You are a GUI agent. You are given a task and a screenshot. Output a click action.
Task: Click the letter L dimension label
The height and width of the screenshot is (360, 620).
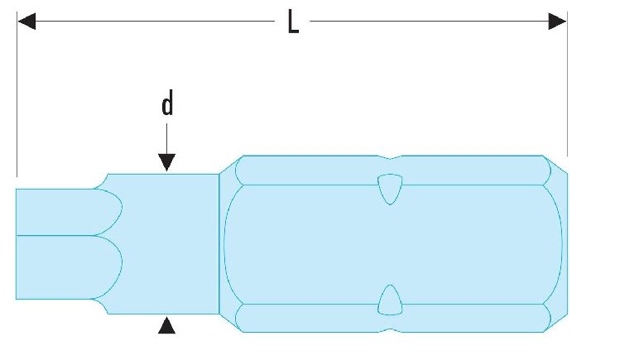point(293,22)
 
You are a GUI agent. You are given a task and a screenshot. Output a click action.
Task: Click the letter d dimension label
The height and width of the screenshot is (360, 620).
point(167,103)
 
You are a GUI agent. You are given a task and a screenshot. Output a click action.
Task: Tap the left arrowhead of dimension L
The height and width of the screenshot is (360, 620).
point(26,22)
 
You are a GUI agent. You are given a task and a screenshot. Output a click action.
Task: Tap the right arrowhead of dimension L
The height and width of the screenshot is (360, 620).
point(557,22)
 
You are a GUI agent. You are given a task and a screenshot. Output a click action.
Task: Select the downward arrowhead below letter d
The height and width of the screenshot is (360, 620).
point(167,163)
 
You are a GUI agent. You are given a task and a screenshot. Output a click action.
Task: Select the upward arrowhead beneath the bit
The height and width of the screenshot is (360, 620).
point(167,325)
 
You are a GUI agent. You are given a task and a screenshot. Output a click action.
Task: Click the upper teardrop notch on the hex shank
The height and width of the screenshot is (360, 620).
point(390,189)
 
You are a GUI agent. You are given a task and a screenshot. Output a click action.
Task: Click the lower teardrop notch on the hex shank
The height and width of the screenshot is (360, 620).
point(390,300)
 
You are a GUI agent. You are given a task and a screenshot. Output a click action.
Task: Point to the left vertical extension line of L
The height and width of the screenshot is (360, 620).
point(17,94)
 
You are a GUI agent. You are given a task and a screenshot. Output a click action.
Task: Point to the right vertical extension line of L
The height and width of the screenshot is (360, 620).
point(567,84)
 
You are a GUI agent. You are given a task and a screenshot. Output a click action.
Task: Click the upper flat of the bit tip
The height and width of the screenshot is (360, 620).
point(68,212)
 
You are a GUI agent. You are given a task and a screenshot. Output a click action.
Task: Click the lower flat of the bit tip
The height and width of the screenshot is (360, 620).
point(68,267)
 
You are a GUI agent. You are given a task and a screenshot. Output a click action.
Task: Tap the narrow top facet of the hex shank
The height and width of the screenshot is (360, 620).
point(392,170)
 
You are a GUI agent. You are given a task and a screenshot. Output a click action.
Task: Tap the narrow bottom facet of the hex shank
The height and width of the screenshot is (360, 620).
point(392,318)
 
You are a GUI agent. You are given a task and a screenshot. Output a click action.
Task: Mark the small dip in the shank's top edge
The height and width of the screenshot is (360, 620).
point(390,158)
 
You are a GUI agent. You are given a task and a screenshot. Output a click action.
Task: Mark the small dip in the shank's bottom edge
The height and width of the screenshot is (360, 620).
point(390,330)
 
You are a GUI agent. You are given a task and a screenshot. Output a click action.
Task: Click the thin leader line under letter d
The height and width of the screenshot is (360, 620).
point(167,139)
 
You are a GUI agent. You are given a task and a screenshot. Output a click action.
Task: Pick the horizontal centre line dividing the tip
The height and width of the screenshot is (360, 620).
point(55,236)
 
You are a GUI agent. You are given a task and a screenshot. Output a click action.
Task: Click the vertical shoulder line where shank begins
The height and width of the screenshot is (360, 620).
point(219,244)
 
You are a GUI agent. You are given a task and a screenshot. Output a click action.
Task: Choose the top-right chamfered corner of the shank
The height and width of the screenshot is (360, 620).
point(556,165)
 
